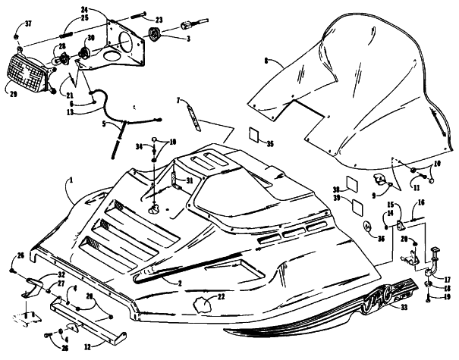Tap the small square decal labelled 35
[256, 136]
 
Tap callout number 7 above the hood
[178, 101]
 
